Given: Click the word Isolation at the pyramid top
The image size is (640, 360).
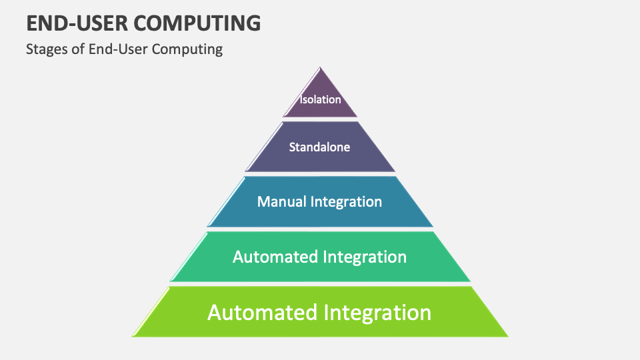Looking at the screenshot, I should [x=320, y=100].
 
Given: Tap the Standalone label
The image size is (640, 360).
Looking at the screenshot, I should [x=319, y=147].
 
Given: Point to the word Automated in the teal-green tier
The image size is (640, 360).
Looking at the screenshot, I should [x=275, y=257].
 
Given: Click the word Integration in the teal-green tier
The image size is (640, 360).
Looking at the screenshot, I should [x=364, y=257].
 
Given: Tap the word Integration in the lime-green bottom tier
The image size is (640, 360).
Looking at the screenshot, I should [x=378, y=312].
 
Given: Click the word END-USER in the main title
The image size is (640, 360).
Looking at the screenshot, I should [x=75, y=23].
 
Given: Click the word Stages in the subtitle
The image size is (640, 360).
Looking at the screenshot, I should [x=46, y=49].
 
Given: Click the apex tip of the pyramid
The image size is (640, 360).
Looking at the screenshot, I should [x=321, y=67].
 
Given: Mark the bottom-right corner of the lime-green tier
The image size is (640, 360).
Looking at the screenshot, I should [x=507, y=335].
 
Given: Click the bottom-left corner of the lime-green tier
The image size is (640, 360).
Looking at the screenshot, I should [x=134, y=335].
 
